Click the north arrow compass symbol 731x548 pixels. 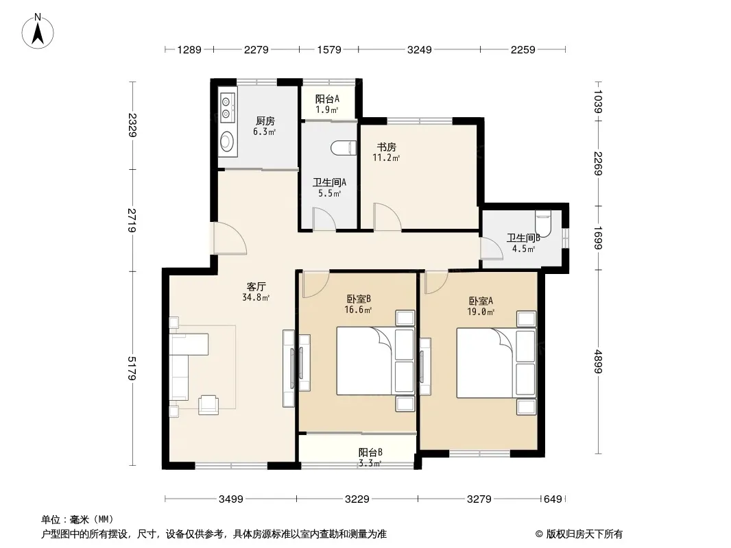coord(38,32)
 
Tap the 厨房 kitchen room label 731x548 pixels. coord(265,121)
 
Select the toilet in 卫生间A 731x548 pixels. coord(344,148)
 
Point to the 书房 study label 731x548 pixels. coord(387,147)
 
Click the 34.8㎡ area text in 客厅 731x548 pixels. coord(256,297)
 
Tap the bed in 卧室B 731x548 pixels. coord(376,360)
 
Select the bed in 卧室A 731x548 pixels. coord(496,362)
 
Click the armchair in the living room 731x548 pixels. coord(208,405)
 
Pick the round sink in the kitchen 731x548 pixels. coord(227,141)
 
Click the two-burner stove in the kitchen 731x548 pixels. coord(226,107)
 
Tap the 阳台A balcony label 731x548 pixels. coord(327,99)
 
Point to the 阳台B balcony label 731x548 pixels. coord(370,452)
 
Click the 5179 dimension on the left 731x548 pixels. coord(132,369)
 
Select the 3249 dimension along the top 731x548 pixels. coord(420,49)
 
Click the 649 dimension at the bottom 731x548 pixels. coord(553,499)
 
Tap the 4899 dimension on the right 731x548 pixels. coord(599,361)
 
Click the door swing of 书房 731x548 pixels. coord(387,216)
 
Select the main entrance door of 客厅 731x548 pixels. coord(230,238)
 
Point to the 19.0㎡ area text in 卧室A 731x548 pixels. coord(481,312)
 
